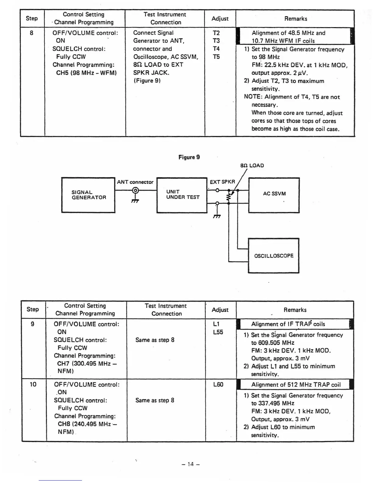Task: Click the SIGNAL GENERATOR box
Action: coord(88,195)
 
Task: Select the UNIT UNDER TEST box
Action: coord(182,195)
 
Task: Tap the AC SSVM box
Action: coord(274,195)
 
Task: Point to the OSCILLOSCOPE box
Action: coord(274,256)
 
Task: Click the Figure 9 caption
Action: coord(189,157)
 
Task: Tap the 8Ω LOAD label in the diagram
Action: coord(252,166)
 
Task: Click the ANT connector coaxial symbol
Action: coord(135,191)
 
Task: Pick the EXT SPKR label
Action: coord(222,182)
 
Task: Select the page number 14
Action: coord(190,464)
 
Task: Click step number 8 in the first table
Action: coord(32,33)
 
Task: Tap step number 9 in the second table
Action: coord(33,324)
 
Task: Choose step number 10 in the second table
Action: coord(33,384)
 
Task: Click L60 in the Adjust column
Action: coord(218,385)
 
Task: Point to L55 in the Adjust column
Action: coord(218,332)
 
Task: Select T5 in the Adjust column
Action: coord(216,57)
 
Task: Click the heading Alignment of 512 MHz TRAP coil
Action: coord(296,385)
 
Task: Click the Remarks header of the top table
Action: coord(296,19)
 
